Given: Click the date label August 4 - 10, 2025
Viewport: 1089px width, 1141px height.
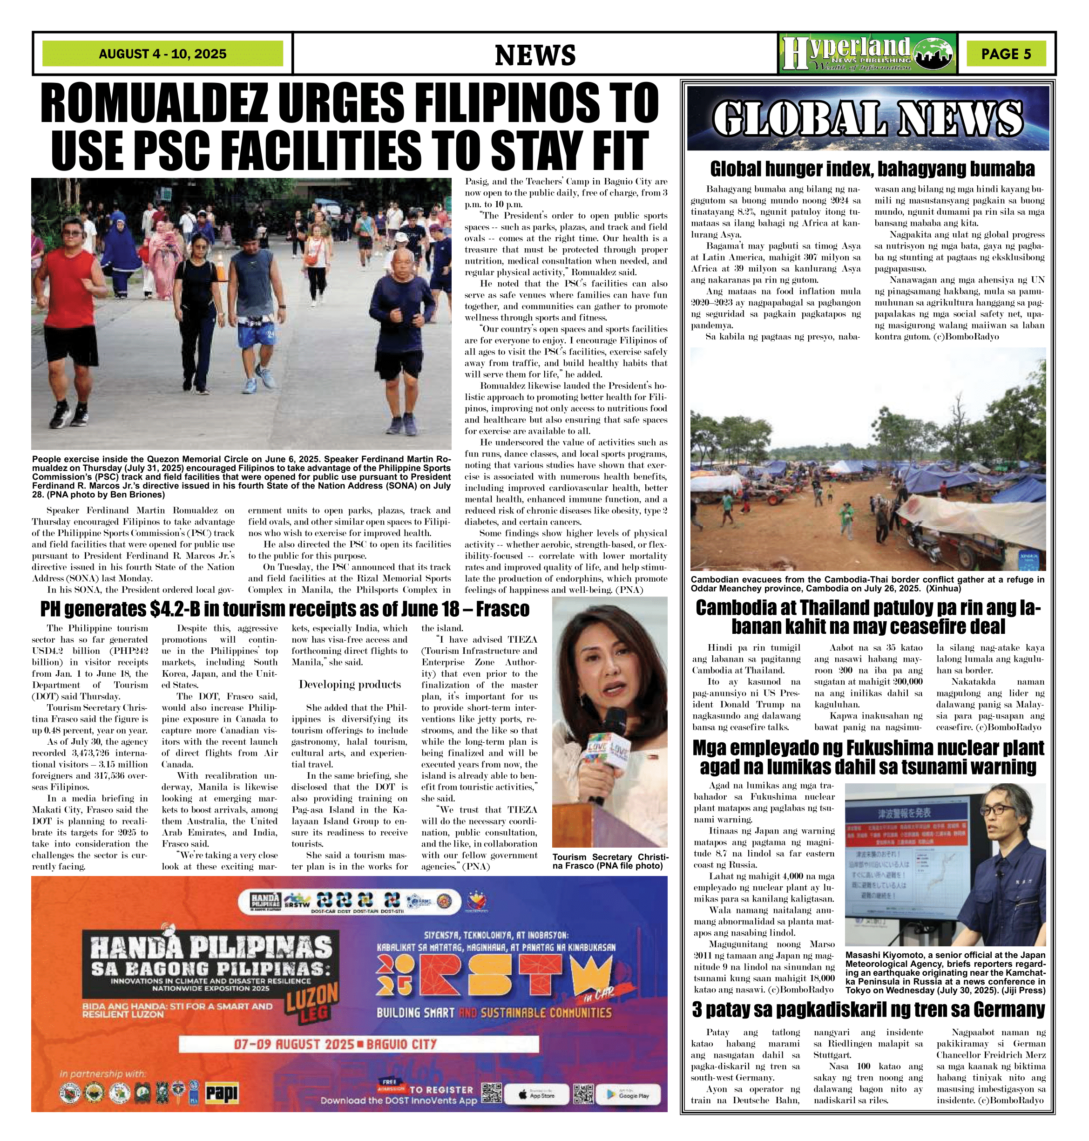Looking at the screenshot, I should [162, 54].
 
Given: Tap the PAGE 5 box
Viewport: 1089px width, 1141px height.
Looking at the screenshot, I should [1006, 54].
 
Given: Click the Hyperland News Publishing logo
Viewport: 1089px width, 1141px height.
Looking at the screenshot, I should [867, 54].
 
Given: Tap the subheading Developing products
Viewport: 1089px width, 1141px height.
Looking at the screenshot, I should [350, 685].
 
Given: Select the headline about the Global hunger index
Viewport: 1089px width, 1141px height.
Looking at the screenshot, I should [872, 169].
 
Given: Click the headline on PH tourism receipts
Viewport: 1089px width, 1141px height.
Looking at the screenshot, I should [284, 609].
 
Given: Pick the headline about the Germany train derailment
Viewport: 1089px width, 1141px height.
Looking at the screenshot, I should [868, 1010].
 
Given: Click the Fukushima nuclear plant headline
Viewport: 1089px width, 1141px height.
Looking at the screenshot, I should [868, 757].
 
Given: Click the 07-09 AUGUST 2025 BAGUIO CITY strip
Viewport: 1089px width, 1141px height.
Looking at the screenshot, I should [335, 1044].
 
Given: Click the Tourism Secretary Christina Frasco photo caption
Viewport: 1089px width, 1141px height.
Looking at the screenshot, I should [609, 861].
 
